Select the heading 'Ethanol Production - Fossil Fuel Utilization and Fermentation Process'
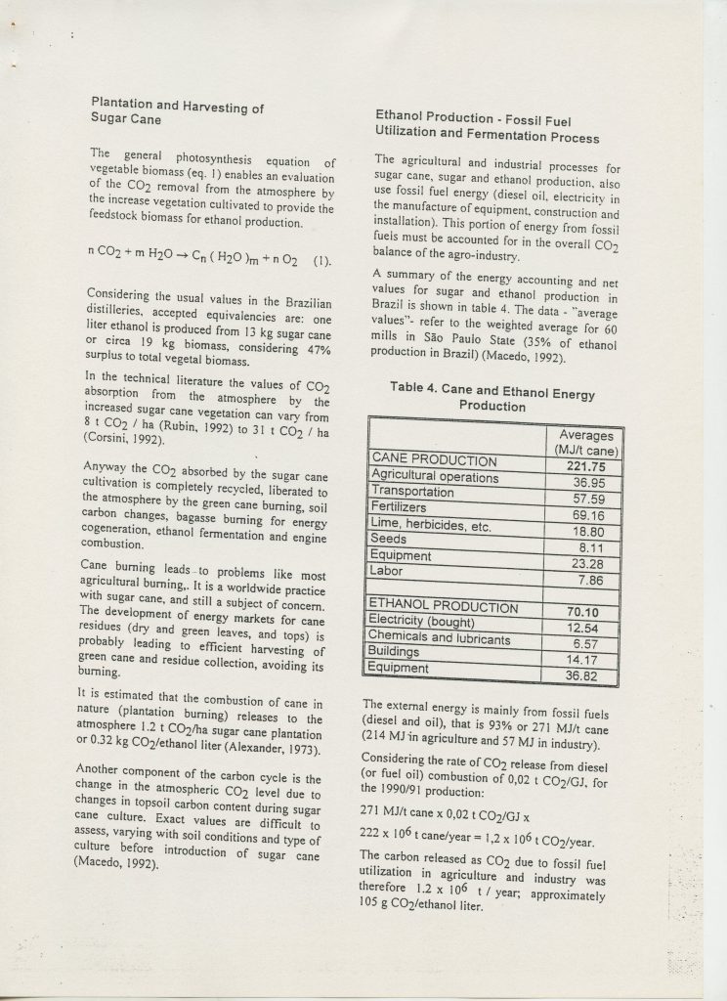[x=488, y=127]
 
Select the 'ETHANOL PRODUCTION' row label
[x=443, y=607]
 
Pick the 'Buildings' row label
[x=396, y=652]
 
